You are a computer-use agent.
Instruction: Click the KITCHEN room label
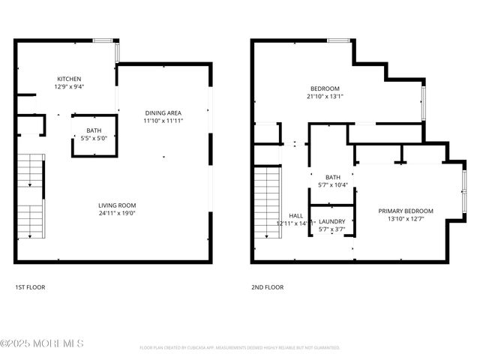pyautogui.click(x=69, y=79)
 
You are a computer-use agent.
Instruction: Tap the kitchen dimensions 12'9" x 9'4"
pyautogui.click(x=69, y=86)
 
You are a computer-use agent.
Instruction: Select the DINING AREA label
pyautogui.click(x=163, y=113)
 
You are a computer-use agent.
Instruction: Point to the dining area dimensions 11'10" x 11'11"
pyautogui.click(x=163, y=121)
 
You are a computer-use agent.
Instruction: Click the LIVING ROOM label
pyautogui.click(x=117, y=205)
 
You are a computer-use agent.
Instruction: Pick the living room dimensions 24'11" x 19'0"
pyautogui.click(x=117, y=212)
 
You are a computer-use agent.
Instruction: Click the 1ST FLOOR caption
pyautogui.click(x=31, y=287)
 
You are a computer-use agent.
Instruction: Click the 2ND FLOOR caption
pyautogui.click(x=268, y=287)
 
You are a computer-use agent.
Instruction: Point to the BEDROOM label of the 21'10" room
pyautogui.click(x=325, y=88)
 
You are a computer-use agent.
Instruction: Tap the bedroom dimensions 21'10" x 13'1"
pyautogui.click(x=325, y=96)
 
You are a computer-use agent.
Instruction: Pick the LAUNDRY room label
pyautogui.click(x=331, y=221)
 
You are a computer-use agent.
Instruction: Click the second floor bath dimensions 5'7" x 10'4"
pyautogui.click(x=332, y=185)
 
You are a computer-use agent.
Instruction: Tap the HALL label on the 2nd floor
pyautogui.click(x=295, y=216)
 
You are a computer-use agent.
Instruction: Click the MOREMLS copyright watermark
pyautogui.click(x=42, y=343)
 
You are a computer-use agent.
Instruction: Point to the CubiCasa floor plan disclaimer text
pyautogui.click(x=240, y=348)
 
